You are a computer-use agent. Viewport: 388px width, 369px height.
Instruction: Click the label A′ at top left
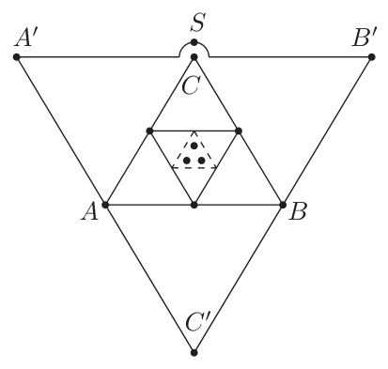[x=23, y=39]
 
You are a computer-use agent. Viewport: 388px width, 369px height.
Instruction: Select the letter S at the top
[x=198, y=23]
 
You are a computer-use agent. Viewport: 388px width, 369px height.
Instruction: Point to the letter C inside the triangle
[x=191, y=85]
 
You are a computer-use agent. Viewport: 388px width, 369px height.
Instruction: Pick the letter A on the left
[x=90, y=212]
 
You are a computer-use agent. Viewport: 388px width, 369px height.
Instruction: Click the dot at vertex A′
[x=17, y=57]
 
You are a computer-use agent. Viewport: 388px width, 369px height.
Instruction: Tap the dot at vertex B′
[x=372, y=57]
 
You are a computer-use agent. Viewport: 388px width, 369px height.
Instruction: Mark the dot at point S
[x=194, y=42]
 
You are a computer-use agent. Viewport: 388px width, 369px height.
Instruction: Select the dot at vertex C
[x=194, y=57]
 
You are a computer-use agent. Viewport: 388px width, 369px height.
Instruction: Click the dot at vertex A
[x=105, y=205]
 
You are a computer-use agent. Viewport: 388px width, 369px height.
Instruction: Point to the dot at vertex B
[x=283, y=205]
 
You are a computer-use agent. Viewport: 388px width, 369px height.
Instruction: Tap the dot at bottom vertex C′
[x=194, y=353]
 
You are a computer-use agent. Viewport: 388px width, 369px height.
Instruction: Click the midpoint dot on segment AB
[x=194, y=205]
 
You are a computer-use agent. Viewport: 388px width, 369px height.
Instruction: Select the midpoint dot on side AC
[x=149, y=131]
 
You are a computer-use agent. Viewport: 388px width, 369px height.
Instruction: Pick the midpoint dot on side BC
[x=239, y=131]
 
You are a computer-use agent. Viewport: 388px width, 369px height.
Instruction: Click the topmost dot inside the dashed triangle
[x=194, y=146]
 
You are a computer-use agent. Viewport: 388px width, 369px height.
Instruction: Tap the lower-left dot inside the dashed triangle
[x=187, y=161]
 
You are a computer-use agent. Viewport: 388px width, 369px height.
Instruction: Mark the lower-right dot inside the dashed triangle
[x=202, y=161]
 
